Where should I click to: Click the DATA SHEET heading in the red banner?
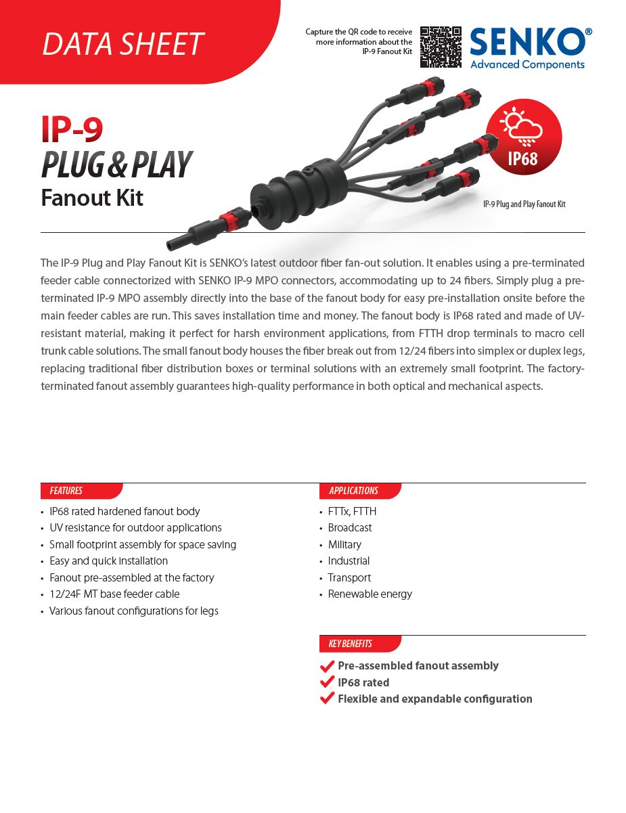(x=122, y=44)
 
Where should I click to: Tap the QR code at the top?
(x=441, y=47)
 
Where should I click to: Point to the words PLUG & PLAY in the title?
(x=116, y=165)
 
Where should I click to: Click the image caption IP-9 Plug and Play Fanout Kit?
(x=524, y=204)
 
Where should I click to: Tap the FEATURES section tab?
(x=66, y=491)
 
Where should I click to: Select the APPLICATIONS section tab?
(x=353, y=491)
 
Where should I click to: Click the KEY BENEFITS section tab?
(x=351, y=644)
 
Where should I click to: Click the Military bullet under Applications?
(x=344, y=544)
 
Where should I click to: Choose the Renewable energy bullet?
(x=370, y=594)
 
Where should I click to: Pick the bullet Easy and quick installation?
(x=108, y=561)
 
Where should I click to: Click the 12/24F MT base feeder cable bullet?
(x=114, y=594)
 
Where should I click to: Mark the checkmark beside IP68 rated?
(x=327, y=682)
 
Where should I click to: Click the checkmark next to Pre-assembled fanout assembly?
(x=327, y=665)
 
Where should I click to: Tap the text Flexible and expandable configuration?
(x=434, y=699)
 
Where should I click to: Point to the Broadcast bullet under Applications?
(x=350, y=527)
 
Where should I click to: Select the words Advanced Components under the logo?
(x=527, y=64)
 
